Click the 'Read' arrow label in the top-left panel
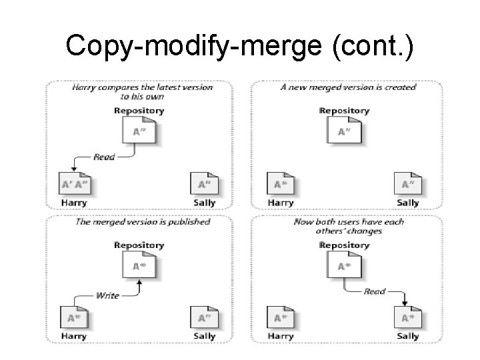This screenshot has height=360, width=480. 103,157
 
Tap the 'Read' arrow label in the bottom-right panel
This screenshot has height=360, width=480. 375,291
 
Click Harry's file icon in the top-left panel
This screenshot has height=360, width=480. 74,185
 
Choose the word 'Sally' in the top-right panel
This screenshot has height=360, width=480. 407,203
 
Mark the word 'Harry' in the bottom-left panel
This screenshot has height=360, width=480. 73,337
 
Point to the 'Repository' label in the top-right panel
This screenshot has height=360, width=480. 345,111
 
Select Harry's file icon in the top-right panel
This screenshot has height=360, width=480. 280,185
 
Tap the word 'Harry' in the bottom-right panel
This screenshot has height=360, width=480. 280,337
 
